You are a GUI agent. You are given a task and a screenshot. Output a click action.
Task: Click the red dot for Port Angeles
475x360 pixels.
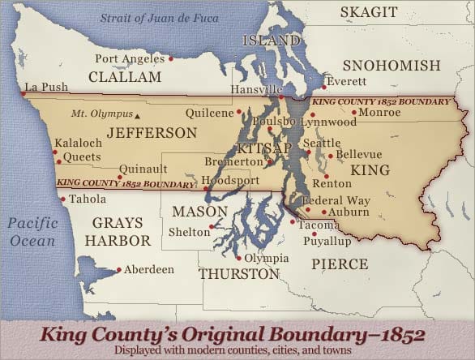click(171, 58)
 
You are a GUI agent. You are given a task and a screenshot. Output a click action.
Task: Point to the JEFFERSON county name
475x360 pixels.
click(152, 132)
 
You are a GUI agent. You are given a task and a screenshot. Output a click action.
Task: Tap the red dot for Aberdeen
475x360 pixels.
click(119, 269)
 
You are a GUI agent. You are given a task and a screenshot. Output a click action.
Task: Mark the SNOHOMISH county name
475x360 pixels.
click(392, 66)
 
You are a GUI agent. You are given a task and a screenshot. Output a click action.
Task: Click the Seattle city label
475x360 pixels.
click(322, 144)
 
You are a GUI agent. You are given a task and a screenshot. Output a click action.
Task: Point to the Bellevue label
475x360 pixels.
click(358, 154)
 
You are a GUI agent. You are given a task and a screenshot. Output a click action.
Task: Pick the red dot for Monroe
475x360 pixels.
click(354, 112)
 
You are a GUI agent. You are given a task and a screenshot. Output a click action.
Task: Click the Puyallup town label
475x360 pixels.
click(327, 241)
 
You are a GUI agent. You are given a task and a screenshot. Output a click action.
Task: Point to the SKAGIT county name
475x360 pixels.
click(368, 12)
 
